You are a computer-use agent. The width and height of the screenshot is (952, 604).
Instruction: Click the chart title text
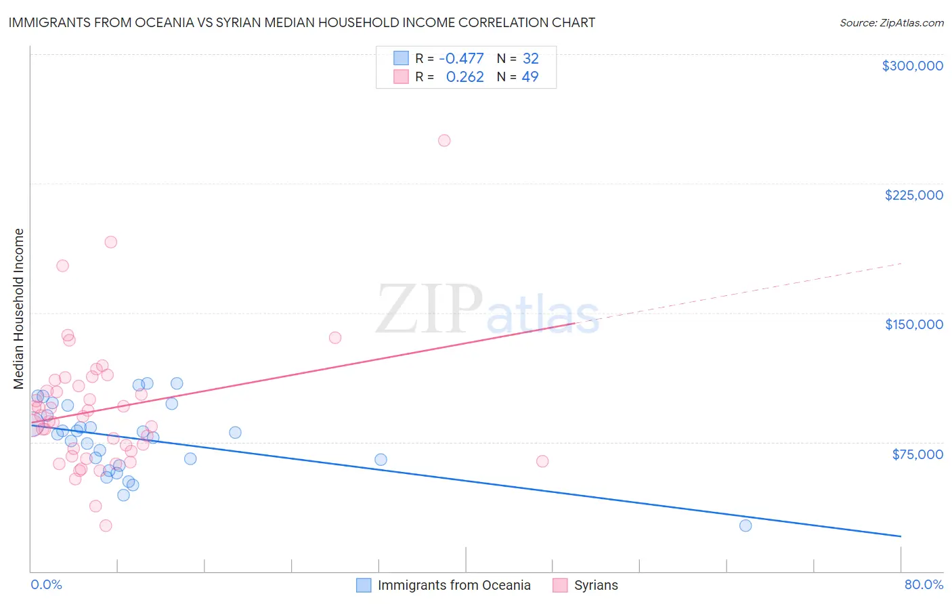click(302, 22)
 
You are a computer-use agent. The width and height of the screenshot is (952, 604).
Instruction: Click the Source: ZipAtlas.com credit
click(891, 23)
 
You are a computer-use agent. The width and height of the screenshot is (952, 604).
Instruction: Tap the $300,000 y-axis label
click(912, 66)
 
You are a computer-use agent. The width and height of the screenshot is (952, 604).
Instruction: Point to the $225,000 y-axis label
click(913, 195)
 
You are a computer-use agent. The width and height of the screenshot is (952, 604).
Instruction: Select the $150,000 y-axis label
click(913, 324)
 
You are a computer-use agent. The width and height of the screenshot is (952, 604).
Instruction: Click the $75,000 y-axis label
click(917, 454)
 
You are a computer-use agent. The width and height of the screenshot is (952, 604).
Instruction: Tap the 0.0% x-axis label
click(46, 584)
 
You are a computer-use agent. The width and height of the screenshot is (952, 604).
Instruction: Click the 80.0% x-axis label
click(924, 584)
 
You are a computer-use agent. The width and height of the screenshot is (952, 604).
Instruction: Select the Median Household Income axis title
click(19, 309)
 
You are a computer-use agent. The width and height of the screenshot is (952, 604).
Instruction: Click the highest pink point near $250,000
click(444, 141)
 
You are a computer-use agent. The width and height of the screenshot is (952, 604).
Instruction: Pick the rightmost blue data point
click(745, 525)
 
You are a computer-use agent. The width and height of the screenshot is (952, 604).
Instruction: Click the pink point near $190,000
click(110, 242)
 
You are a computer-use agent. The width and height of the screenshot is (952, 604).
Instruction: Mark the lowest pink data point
click(106, 525)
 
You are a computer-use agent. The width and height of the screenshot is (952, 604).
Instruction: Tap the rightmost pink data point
click(542, 461)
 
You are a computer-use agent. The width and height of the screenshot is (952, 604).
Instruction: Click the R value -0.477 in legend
click(461, 59)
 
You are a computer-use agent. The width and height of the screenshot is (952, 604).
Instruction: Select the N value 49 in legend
click(530, 77)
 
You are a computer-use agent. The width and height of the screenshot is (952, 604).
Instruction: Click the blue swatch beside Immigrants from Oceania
click(364, 585)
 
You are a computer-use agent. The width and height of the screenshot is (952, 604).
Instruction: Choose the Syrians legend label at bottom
click(596, 585)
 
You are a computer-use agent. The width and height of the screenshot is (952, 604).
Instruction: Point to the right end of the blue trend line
click(901, 536)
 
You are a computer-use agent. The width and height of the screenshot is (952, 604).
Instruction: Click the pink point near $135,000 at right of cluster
click(334, 337)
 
